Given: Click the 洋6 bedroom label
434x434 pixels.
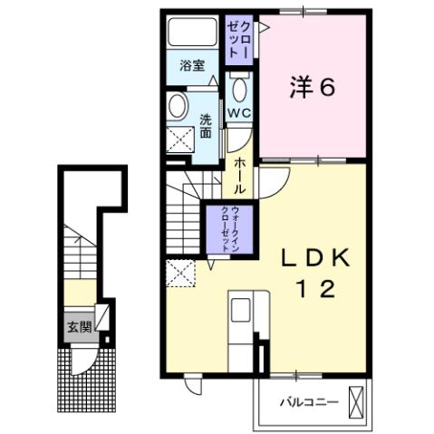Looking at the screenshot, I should coord(313,88).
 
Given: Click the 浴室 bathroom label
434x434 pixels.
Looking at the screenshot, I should coord(189,65).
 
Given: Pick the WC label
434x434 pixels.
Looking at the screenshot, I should coord(238,113).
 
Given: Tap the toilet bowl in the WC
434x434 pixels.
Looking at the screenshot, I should coord(239,89).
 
